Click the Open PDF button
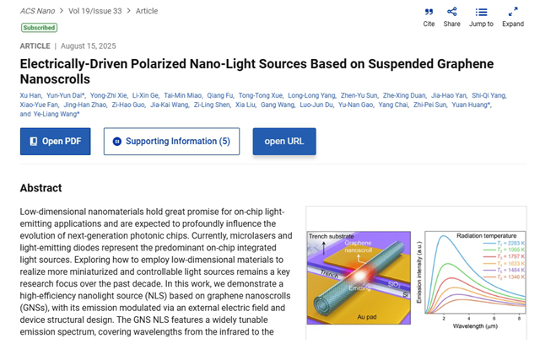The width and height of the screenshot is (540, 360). point(55,142)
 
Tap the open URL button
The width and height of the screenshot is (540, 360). point(283,142)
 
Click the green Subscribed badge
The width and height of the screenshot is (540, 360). point(40,28)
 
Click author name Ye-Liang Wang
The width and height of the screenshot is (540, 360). point(57,114)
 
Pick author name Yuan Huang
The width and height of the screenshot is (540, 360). point(474,105)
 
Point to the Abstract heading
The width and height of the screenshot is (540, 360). point(41,188)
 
